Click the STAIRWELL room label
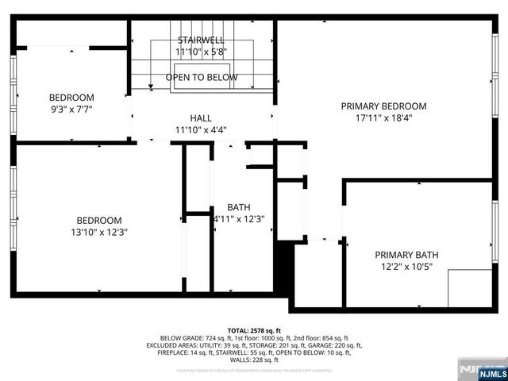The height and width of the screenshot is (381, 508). pyautogui.click(x=201, y=40)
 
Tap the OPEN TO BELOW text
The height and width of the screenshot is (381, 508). pyautogui.click(x=201, y=77)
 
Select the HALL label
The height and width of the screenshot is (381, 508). pyautogui.click(x=200, y=117)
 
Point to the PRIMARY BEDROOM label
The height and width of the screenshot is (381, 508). pyautogui.click(x=383, y=106)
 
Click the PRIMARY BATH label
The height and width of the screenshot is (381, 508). pyautogui.click(x=406, y=255)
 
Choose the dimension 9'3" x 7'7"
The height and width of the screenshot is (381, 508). pyautogui.click(x=71, y=110)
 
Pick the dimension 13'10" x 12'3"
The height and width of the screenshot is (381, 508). pyautogui.click(x=99, y=233)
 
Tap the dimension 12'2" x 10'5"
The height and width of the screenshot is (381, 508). pyautogui.click(x=406, y=267)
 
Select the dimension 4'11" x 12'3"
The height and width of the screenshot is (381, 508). pyautogui.click(x=238, y=219)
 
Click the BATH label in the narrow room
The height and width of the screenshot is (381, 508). pyautogui.click(x=238, y=207)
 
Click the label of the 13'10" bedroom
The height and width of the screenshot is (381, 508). pyautogui.click(x=99, y=221)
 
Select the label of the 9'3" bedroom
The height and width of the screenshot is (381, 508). pyautogui.click(x=71, y=98)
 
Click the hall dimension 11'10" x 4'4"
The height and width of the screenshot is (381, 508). pyautogui.click(x=200, y=129)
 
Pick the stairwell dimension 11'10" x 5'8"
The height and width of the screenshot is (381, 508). pyautogui.click(x=201, y=52)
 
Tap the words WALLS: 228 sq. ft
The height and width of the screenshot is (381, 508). pyautogui.click(x=254, y=361)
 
